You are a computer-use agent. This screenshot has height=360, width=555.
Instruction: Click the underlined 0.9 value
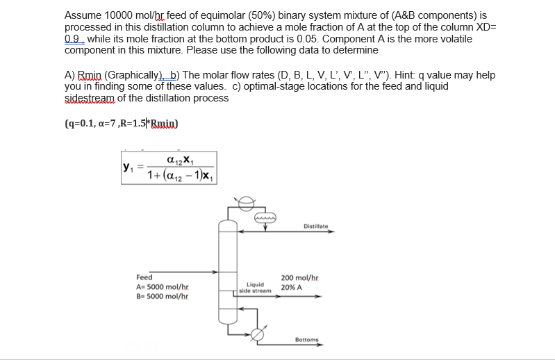coord(74,39)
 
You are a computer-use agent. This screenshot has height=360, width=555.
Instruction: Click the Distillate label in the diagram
coord(315,225)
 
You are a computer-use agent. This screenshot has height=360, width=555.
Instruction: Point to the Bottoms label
coord(307,339)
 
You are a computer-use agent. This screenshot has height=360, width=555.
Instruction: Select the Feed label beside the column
coord(145,277)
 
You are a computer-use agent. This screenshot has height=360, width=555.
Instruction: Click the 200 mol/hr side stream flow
coord(299,277)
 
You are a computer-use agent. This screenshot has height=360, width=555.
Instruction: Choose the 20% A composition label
coord(292,286)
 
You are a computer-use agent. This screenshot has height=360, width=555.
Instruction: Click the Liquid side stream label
coord(255,287)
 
